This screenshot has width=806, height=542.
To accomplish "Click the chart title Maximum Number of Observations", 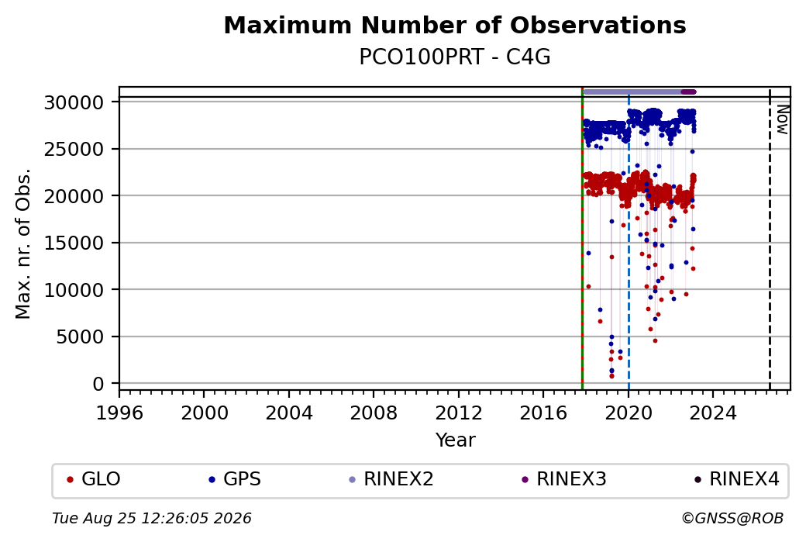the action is pyautogui.click(x=455, y=25).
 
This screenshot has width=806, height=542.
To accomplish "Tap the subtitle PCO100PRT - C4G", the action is pyautogui.click(x=455, y=57).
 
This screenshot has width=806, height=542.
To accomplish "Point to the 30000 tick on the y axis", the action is pyautogui.click(x=74, y=102).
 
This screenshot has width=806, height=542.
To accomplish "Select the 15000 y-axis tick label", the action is pyautogui.click(x=74, y=243).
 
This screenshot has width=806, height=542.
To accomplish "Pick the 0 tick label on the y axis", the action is pyautogui.click(x=98, y=384).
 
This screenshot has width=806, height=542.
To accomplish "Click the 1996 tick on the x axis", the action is pyautogui.click(x=119, y=413).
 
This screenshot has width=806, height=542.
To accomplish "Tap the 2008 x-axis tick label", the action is pyautogui.click(x=374, y=413).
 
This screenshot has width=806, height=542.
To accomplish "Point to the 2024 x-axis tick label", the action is pyautogui.click(x=713, y=413).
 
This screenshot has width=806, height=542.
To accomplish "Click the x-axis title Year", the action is pyautogui.click(x=456, y=440).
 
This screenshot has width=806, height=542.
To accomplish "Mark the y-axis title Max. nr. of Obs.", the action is pyautogui.click(x=23, y=243).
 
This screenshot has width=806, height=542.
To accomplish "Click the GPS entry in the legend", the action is pyautogui.click(x=235, y=479).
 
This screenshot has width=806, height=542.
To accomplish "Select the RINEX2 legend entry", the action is pyautogui.click(x=391, y=479).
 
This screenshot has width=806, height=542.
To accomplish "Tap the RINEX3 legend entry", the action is pyautogui.click(x=564, y=479).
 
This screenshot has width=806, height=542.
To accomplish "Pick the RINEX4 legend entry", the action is pyautogui.click(x=736, y=479).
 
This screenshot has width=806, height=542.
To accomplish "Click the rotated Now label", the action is pyautogui.click(x=782, y=120).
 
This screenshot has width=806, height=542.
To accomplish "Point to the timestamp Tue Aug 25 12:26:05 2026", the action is pyautogui.click(x=152, y=518).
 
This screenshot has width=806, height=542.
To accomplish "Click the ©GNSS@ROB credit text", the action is pyautogui.click(x=732, y=518).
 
